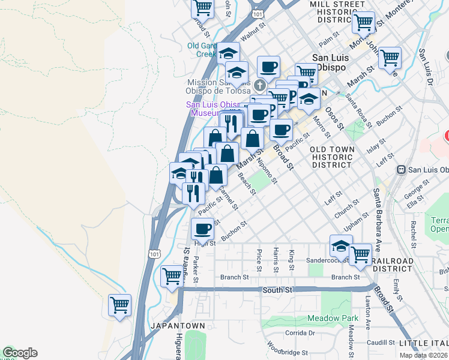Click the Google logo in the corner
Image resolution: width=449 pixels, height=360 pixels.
[x=20, y=353]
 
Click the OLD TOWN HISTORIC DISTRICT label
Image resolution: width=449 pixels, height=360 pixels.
[x=331, y=156]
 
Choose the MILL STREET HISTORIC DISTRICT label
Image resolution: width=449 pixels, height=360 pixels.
[x=337, y=11]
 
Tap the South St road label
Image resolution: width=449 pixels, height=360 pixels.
[x=277, y=290]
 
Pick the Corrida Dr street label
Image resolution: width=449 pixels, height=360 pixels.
[x=300, y=332]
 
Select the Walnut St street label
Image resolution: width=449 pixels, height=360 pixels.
[x=253, y=28]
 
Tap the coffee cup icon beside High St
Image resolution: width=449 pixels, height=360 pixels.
[x=202, y=229]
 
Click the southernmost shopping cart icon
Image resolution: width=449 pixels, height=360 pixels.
[x=119, y=305]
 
